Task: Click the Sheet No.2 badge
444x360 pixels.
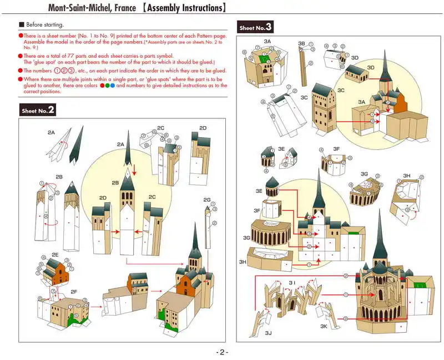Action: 38,110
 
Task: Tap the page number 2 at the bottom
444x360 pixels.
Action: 222,352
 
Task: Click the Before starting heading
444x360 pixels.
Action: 45,25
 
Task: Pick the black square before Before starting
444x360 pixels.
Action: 22,25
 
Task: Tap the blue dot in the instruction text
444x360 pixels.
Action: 113,86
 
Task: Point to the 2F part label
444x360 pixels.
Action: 74,291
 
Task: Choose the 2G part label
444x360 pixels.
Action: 207,199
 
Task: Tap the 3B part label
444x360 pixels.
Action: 301,43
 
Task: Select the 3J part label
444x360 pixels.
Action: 269,333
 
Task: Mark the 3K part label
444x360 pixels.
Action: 324,327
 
